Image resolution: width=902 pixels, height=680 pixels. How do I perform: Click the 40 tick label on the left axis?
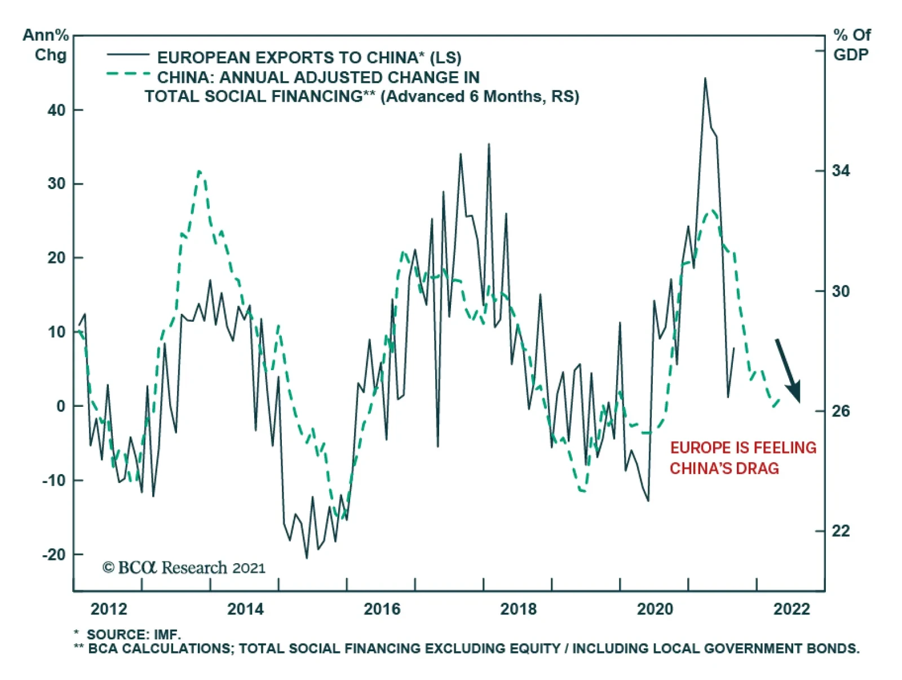coord(56,110)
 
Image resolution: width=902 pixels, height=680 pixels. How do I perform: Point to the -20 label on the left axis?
coord(55,555)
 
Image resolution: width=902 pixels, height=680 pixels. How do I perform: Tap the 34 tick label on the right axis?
coord(841,170)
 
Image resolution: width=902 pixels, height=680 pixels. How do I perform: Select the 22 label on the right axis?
coord(841,531)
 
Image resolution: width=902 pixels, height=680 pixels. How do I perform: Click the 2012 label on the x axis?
coord(109,609)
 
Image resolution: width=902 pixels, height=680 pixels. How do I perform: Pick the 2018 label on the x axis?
coord(519,609)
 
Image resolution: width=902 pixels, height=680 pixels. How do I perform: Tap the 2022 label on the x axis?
coord(792,609)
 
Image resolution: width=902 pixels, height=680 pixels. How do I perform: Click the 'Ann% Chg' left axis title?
coord(46,45)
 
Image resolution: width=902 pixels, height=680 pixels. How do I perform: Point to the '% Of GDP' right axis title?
coord(851,45)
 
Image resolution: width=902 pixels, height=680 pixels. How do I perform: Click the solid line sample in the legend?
coord(128,55)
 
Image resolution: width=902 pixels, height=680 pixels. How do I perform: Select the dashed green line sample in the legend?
coord(128,74)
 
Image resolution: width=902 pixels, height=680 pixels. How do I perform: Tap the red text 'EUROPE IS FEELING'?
coord(743,448)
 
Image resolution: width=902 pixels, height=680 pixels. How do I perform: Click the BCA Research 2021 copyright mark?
coord(184,567)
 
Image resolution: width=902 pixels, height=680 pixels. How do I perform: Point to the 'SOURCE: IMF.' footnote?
coord(134,635)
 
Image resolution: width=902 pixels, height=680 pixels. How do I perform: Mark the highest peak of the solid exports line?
coord(705,79)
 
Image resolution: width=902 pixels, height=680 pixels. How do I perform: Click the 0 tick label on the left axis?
coord(61,406)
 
